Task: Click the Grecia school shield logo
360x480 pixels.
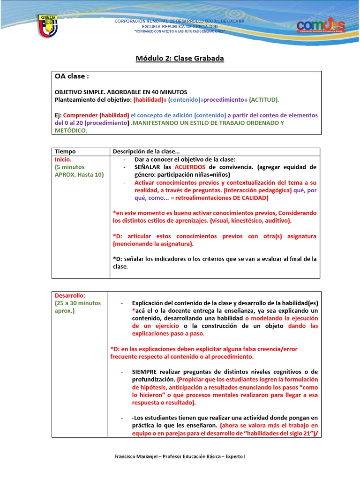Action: point(47,27)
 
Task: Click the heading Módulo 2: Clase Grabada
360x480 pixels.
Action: point(180,59)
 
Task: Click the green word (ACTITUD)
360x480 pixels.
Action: point(264,100)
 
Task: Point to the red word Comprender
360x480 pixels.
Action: point(80,115)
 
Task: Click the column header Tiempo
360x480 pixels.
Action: point(65,152)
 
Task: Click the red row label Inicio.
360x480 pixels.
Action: point(63,159)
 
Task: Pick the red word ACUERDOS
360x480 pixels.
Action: point(191,167)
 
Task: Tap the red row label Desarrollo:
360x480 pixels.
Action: point(70,296)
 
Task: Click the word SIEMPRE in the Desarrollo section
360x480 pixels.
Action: point(146,372)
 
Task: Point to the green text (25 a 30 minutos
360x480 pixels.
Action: point(78,303)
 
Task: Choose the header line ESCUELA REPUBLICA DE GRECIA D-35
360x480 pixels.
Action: point(180,27)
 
